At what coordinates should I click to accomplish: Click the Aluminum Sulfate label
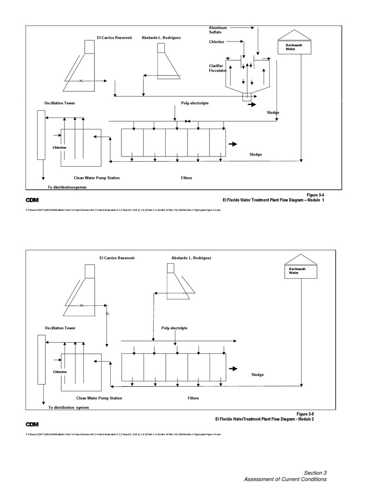pyautogui.click(x=218, y=30)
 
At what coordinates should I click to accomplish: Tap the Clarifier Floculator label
pyautogui.click(x=217, y=68)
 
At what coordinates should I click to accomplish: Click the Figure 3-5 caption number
pyautogui.click(x=305, y=414)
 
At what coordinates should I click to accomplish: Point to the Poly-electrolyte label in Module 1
pyautogui.click(x=195, y=103)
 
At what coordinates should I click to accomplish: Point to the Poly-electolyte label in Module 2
pyautogui.click(x=174, y=328)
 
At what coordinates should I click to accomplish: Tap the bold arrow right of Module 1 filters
pyautogui.click(x=233, y=144)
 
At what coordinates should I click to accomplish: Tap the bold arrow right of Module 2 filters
pyautogui.click(x=234, y=369)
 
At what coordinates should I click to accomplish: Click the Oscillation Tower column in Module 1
pyautogui.click(x=41, y=135)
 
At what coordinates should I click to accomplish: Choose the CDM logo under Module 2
pyautogui.click(x=32, y=424)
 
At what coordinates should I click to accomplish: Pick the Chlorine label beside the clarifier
pyautogui.click(x=216, y=42)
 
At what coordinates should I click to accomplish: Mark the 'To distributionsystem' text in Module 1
pyautogui.click(x=67, y=187)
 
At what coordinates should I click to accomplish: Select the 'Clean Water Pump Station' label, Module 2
pyautogui.click(x=99, y=398)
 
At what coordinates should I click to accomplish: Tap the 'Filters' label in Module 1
pyautogui.click(x=186, y=178)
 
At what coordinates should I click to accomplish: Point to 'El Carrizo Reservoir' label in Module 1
pyautogui.click(x=114, y=37)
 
